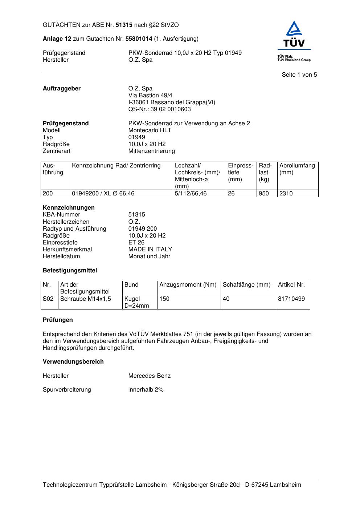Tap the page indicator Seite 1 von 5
tap(299, 75)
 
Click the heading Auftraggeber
tap(62, 89)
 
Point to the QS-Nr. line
tap(159, 109)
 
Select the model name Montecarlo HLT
tap(150, 130)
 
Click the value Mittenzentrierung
tap(151, 151)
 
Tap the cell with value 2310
tap(286, 194)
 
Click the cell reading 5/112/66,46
tap(191, 194)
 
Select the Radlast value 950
tap(263, 194)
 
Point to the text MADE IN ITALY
tap(150, 250)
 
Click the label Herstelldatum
tap(61, 256)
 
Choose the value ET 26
tap(136, 243)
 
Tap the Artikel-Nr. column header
tap(291, 285)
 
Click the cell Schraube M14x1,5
tap(86, 299)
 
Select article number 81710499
tap(291, 299)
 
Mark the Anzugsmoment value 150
tap(164, 299)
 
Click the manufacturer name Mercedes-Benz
tap(149, 376)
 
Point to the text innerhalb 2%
tap(146, 390)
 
